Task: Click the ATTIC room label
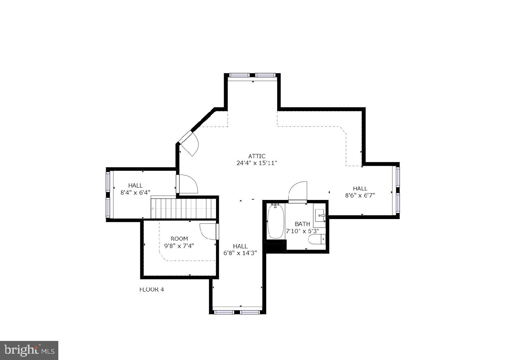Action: (x=257, y=156)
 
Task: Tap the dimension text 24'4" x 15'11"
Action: (x=257, y=163)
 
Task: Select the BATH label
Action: (x=302, y=224)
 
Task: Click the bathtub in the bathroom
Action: (x=276, y=221)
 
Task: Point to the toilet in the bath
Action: (x=316, y=240)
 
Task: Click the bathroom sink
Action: (x=320, y=215)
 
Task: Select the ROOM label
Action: (x=179, y=239)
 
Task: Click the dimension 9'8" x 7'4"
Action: (x=179, y=246)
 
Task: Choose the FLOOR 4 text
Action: (x=152, y=290)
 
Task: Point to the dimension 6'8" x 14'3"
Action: (x=240, y=253)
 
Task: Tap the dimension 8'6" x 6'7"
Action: (x=360, y=195)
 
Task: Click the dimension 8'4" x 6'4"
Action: (x=135, y=193)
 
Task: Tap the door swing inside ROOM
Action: (x=208, y=231)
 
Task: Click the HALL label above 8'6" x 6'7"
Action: (x=360, y=188)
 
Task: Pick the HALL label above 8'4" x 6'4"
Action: (x=135, y=185)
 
